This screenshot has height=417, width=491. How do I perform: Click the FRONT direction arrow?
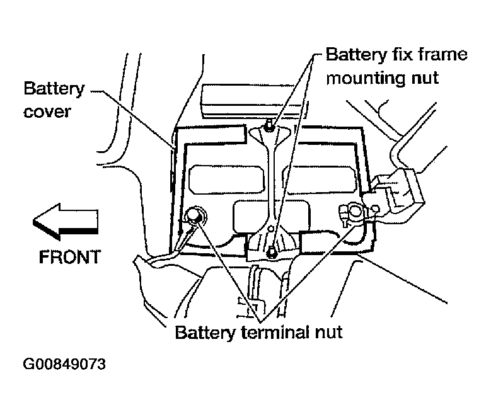coord(65,222)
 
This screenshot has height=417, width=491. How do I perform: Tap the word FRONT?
coord(69,257)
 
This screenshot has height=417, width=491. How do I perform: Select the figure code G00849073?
coord(64,364)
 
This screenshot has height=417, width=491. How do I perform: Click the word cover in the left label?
coord(47,111)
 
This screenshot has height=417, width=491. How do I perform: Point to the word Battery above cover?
coord(54,89)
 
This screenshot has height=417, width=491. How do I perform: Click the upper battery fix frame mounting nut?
coord(269,126)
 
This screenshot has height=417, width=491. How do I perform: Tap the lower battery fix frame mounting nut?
coord(272,251)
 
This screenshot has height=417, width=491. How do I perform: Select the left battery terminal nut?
coord(195,215)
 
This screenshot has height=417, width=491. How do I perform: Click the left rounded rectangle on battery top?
coord(227,180)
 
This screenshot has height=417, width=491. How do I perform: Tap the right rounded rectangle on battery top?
coord(323,180)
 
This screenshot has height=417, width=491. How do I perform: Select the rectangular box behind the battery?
coord(249,101)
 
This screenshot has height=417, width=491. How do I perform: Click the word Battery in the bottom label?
coord(205,333)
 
